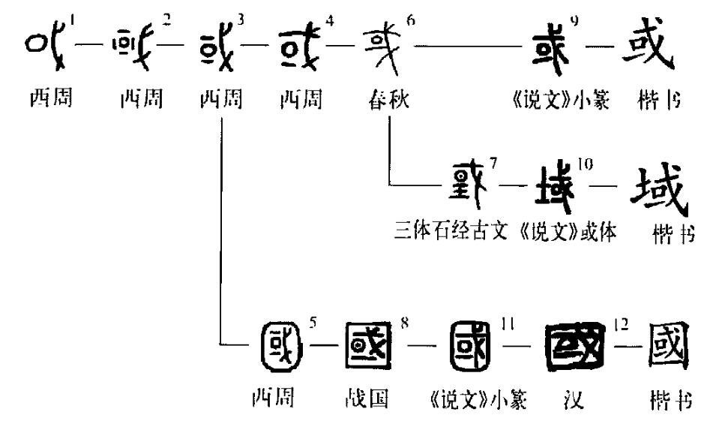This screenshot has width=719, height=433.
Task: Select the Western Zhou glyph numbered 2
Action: [138, 53]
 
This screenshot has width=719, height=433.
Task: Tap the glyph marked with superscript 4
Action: [302, 53]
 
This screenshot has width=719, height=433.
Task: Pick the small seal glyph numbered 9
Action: [551, 51]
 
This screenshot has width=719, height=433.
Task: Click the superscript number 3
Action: [239, 17]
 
